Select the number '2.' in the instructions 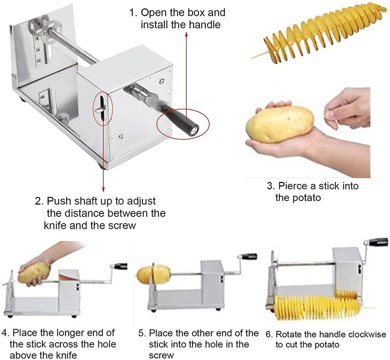(x=39, y=201)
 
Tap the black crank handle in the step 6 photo (x=378, y=242)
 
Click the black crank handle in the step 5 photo (x=250, y=257)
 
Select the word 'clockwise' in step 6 (x=366, y=335)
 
